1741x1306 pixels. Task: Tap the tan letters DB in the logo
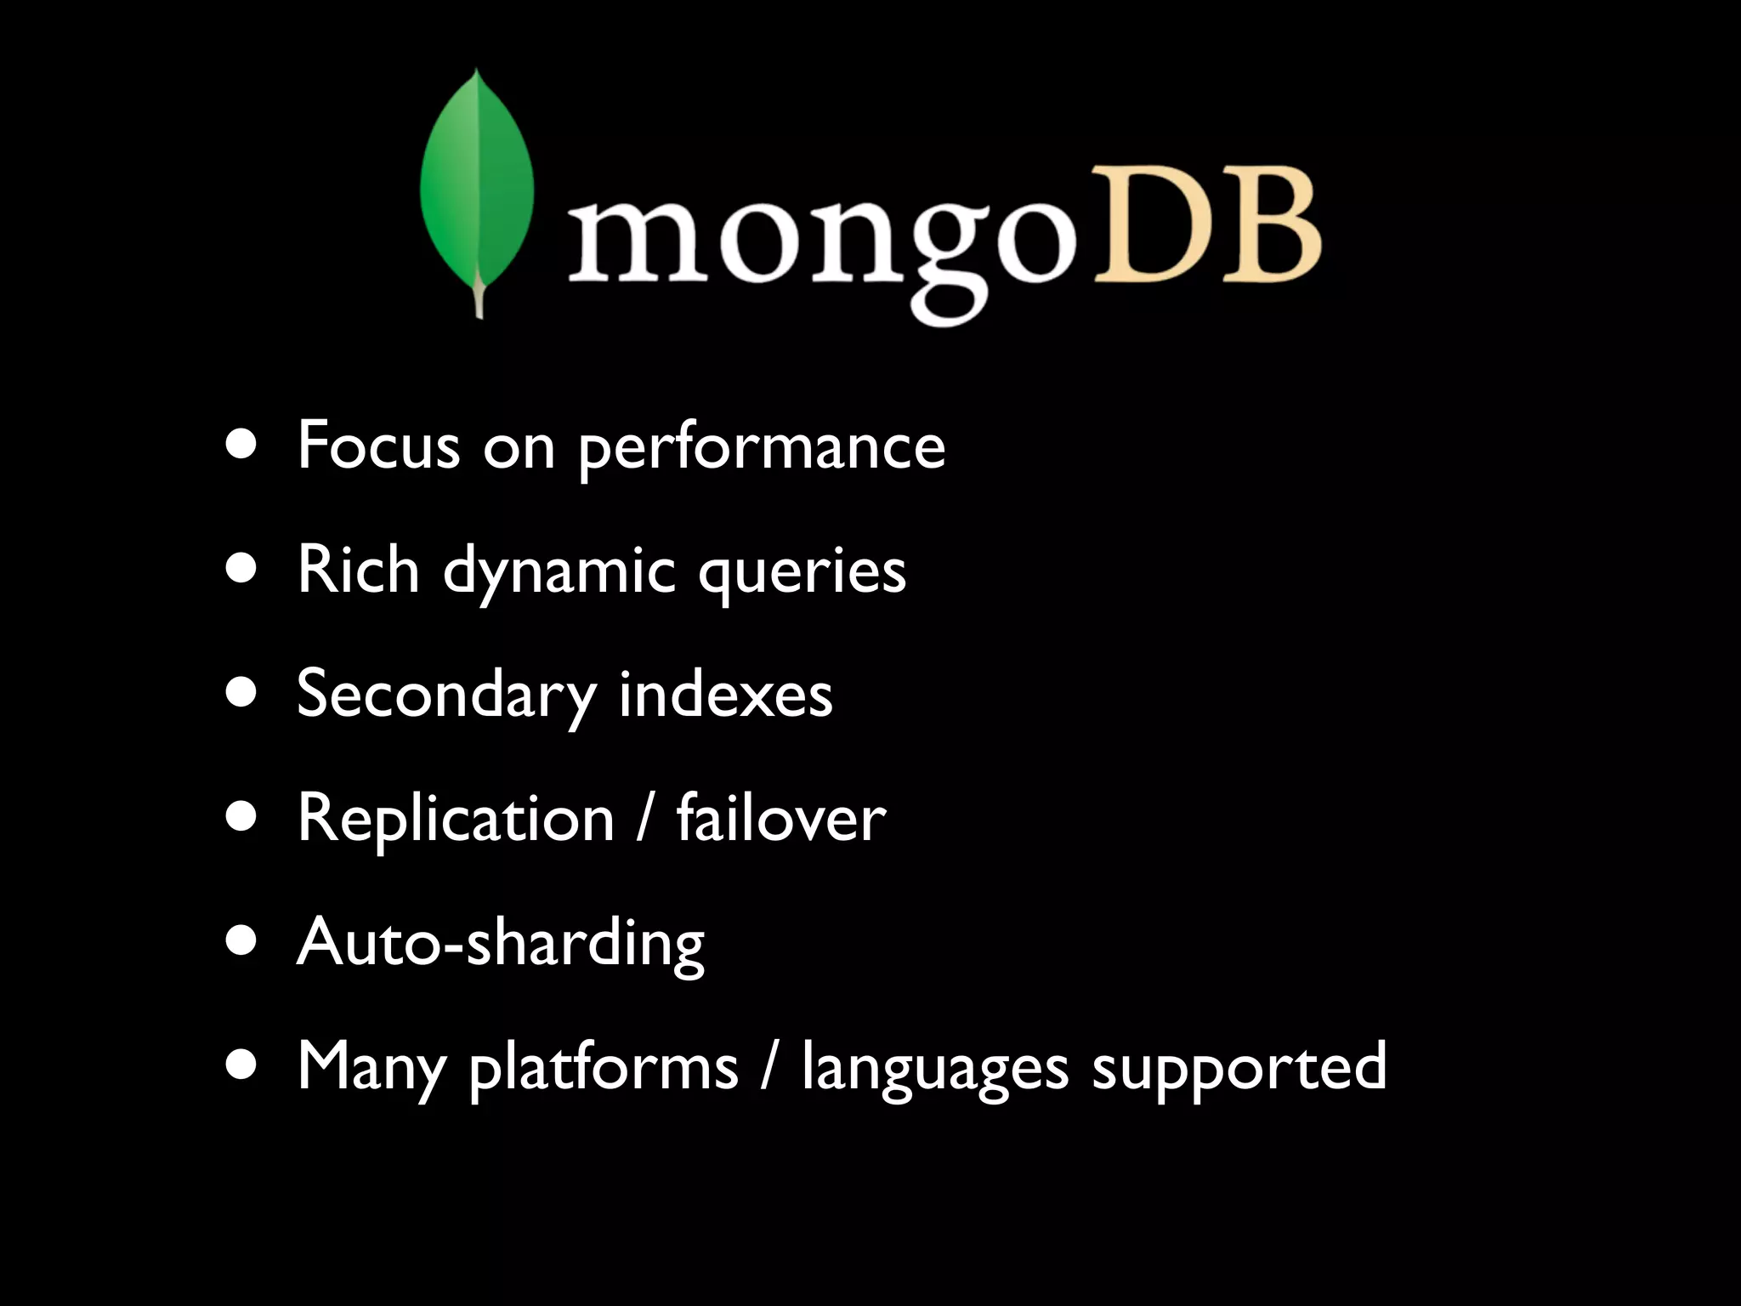pyautogui.click(x=1205, y=224)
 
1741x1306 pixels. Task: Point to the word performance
pyautogui.click(x=762, y=448)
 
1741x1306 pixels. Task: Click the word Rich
pyautogui.click(x=358, y=569)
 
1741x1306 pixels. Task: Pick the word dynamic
pyautogui.click(x=559, y=572)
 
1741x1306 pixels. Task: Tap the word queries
pyautogui.click(x=802, y=572)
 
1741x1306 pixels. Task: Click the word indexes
pyautogui.click(x=725, y=694)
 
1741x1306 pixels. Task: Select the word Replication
pyautogui.click(x=456, y=819)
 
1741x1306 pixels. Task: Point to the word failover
pyautogui.click(x=780, y=818)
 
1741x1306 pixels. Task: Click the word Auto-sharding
pyautogui.click(x=501, y=943)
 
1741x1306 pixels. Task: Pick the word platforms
pyautogui.click(x=604, y=1069)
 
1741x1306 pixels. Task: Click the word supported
pyautogui.click(x=1239, y=1069)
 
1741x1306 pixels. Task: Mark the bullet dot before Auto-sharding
pyautogui.click(x=242, y=942)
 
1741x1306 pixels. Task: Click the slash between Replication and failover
pyautogui.click(x=646, y=818)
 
